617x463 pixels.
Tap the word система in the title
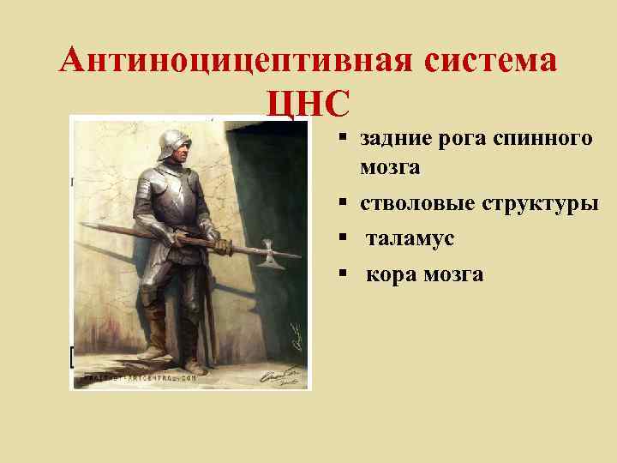tap(490, 61)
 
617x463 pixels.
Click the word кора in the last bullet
tap(389, 274)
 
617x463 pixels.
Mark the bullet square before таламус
tap(341, 239)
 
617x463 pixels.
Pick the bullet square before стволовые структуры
tap(341, 205)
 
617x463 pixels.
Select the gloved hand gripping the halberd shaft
tap(221, 247)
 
